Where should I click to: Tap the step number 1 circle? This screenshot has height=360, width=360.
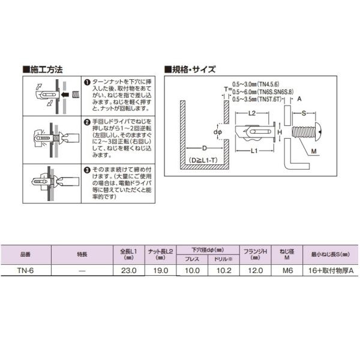pos(86,82)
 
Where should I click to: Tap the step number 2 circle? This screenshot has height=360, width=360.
pos(86,121)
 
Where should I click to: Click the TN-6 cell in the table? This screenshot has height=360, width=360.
pos(28,271)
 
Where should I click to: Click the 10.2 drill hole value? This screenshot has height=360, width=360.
pos(223,271)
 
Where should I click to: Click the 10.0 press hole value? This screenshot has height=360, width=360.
pos(192,271)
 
